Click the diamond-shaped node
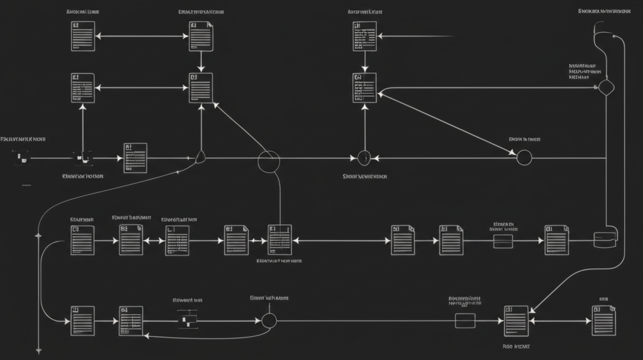(x=605, y=87)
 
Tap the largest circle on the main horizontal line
(x=268, y=161)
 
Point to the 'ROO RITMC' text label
(x=516, y=346)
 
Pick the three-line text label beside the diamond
(x=583, y=71)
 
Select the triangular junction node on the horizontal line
(x=201, y=156)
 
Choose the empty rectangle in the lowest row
(x=465, y=320)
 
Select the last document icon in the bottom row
(x=603, y=320)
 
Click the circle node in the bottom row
(x=269, y=320)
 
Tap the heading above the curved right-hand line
(x=605, y=11)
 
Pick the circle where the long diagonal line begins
(x=524, y=157)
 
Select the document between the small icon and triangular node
(x=136, y=157)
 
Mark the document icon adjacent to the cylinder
(x=556, y=239)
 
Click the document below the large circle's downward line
(x=280, y=239)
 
